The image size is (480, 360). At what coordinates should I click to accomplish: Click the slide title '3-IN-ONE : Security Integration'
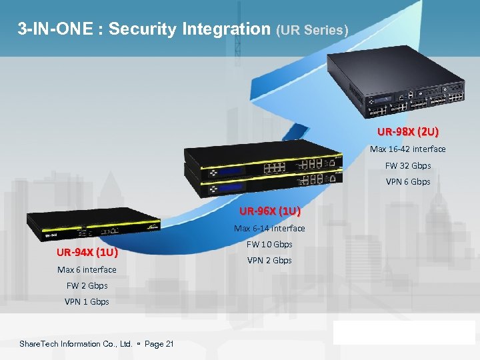[x=143, y=29]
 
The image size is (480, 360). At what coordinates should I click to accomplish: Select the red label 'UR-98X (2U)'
[x=408, y=132]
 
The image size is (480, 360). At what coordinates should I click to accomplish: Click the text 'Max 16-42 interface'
[x=408, y=149]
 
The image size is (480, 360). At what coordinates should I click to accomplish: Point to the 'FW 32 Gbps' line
[x=408, y=165]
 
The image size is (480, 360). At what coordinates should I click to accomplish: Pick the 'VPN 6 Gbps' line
[x=408, y=181]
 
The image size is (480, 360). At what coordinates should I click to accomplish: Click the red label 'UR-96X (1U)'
[x=269, y=212]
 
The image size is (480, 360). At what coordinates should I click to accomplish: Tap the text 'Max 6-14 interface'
[x=269, y=229]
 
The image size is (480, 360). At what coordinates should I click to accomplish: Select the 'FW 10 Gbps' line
[x=269, y=244]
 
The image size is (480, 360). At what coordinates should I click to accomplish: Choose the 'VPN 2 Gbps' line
[x=269, y=260]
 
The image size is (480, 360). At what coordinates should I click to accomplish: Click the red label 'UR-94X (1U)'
[x=87, y=253]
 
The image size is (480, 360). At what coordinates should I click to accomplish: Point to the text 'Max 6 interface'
[x=87, y=269]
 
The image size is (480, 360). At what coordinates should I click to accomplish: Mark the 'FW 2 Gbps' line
[x=87, y=285]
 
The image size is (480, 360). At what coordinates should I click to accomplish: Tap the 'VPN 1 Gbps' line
[x=87, y=301]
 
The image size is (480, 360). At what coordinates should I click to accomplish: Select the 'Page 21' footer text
[x=159, y=344]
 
